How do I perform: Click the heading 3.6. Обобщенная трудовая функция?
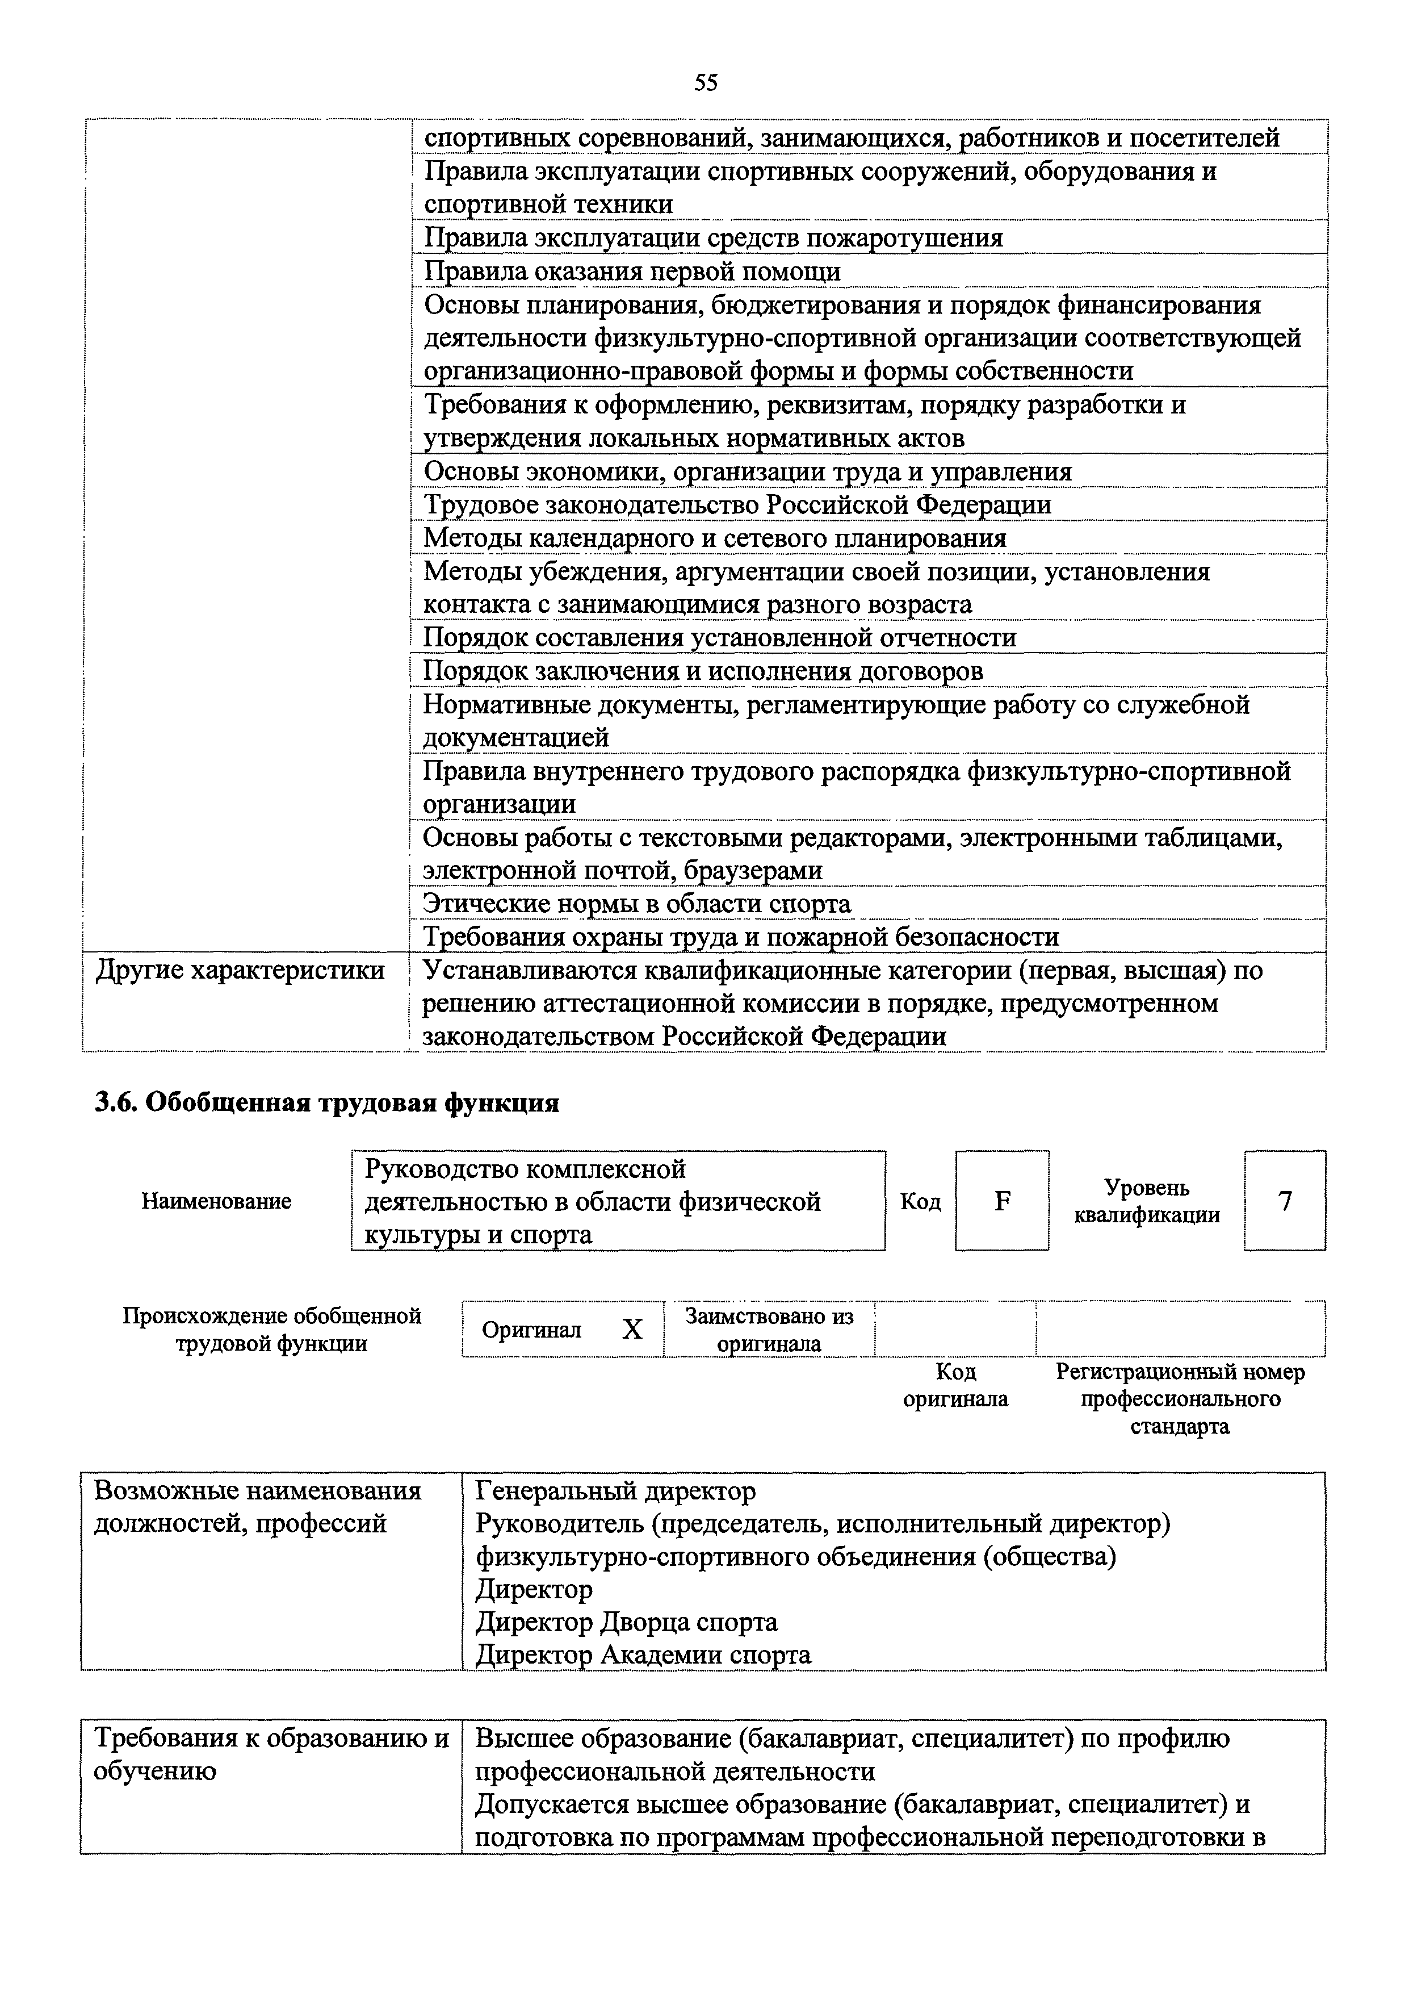point(327,1102)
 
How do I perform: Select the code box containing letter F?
point(1002,1201)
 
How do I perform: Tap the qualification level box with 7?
point(1284,1201)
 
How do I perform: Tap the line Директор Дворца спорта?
point(626,1622)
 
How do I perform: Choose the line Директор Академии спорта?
point(644,1654)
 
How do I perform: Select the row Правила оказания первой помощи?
point(632,271)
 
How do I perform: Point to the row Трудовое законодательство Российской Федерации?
point(737,504)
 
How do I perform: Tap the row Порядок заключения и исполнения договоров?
point(703,671)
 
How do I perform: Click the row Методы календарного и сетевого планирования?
point(714,538)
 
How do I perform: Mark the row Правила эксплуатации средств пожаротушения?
point(712,238)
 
